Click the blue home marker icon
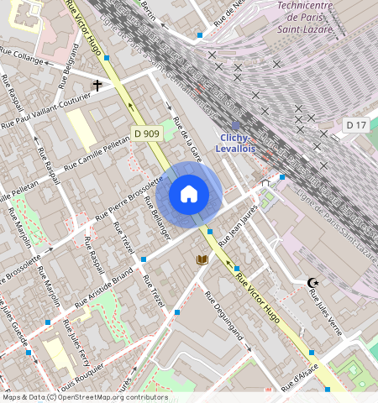tap(189, 195)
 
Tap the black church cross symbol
tap(97, 86)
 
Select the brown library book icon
tap(202, 260)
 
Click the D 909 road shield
tap(146, 133)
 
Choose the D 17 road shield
tap(356, 125)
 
